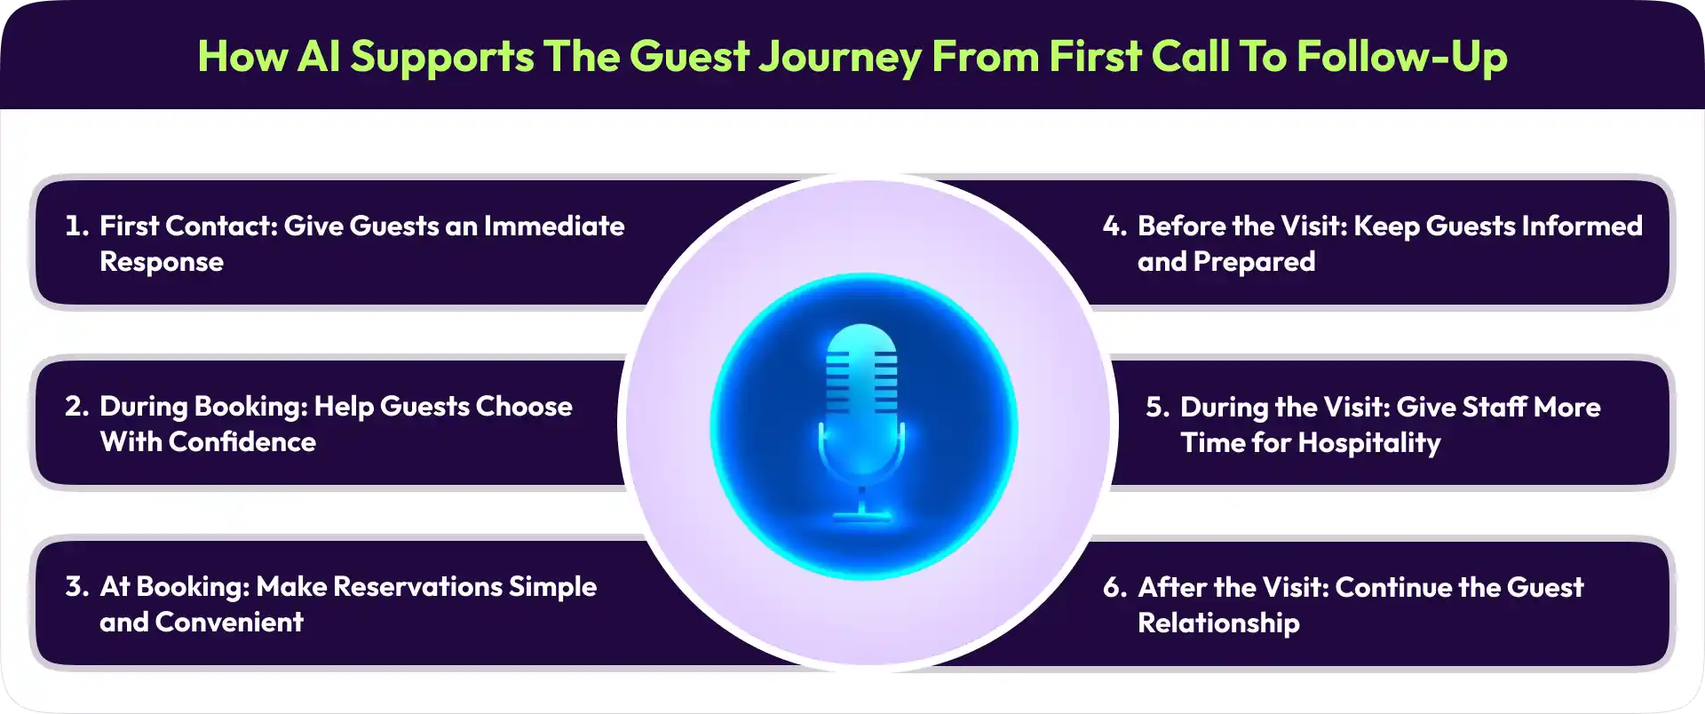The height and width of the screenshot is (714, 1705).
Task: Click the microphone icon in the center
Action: (x=861, y=423)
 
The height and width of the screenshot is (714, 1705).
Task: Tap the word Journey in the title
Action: (x=840, y=57)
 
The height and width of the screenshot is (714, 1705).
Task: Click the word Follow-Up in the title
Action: (x=1402, y=57)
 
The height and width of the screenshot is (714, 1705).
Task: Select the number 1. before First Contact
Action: (x=77, y=226)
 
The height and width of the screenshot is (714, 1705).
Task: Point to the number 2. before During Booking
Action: (x=77, y=407)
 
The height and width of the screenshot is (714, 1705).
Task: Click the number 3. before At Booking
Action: (x=77, y=587)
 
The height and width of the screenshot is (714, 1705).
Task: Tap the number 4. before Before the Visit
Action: (x=1114, y=226)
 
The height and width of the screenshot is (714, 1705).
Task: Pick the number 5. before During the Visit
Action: (x=1158, y=408)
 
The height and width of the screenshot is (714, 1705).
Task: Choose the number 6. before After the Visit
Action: (x=1115, y=588)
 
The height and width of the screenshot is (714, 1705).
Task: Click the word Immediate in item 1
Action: (x=554, y=226)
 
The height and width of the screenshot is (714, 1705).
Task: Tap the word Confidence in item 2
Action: (x=242, y=442)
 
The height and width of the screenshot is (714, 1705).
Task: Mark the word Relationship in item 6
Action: (x=1218, y=623)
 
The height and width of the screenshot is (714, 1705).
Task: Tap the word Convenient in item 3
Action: (x=229, y=623)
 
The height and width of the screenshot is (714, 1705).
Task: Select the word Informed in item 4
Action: (x=1582, y=226)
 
